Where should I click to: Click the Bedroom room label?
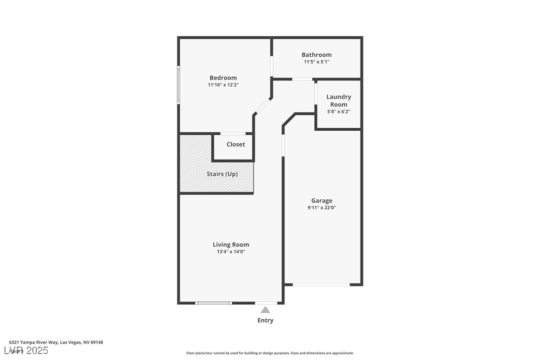(x=223, y=78)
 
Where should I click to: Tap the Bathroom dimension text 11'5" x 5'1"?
(x=316, y=62)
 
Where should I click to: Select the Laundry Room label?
(x=339, y=100)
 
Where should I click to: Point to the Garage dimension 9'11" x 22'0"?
(x=322, y=208)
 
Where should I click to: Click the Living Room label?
(x=231, y=245)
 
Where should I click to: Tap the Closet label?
(x=236, y=144)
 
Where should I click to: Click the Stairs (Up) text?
(x=222, y=174)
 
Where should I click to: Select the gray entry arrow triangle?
(x=266, y=310)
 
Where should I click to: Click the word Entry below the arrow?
(x=265, y=321)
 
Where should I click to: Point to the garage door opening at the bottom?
(x=321, y=284)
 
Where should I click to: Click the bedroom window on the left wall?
(x=179, y=85)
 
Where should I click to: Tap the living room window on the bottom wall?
(x=213, y=303)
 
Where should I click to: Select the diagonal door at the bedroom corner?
(x=263, y=106)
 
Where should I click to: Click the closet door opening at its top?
(x=233, y=133)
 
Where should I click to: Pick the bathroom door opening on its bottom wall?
(x=302, y=79)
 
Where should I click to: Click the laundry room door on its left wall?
(x=316, y=93)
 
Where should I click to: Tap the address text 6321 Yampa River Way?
(x=56, y=343)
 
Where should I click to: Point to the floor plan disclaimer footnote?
(x=270, y=353)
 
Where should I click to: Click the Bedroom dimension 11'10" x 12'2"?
(x=223, y=85)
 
